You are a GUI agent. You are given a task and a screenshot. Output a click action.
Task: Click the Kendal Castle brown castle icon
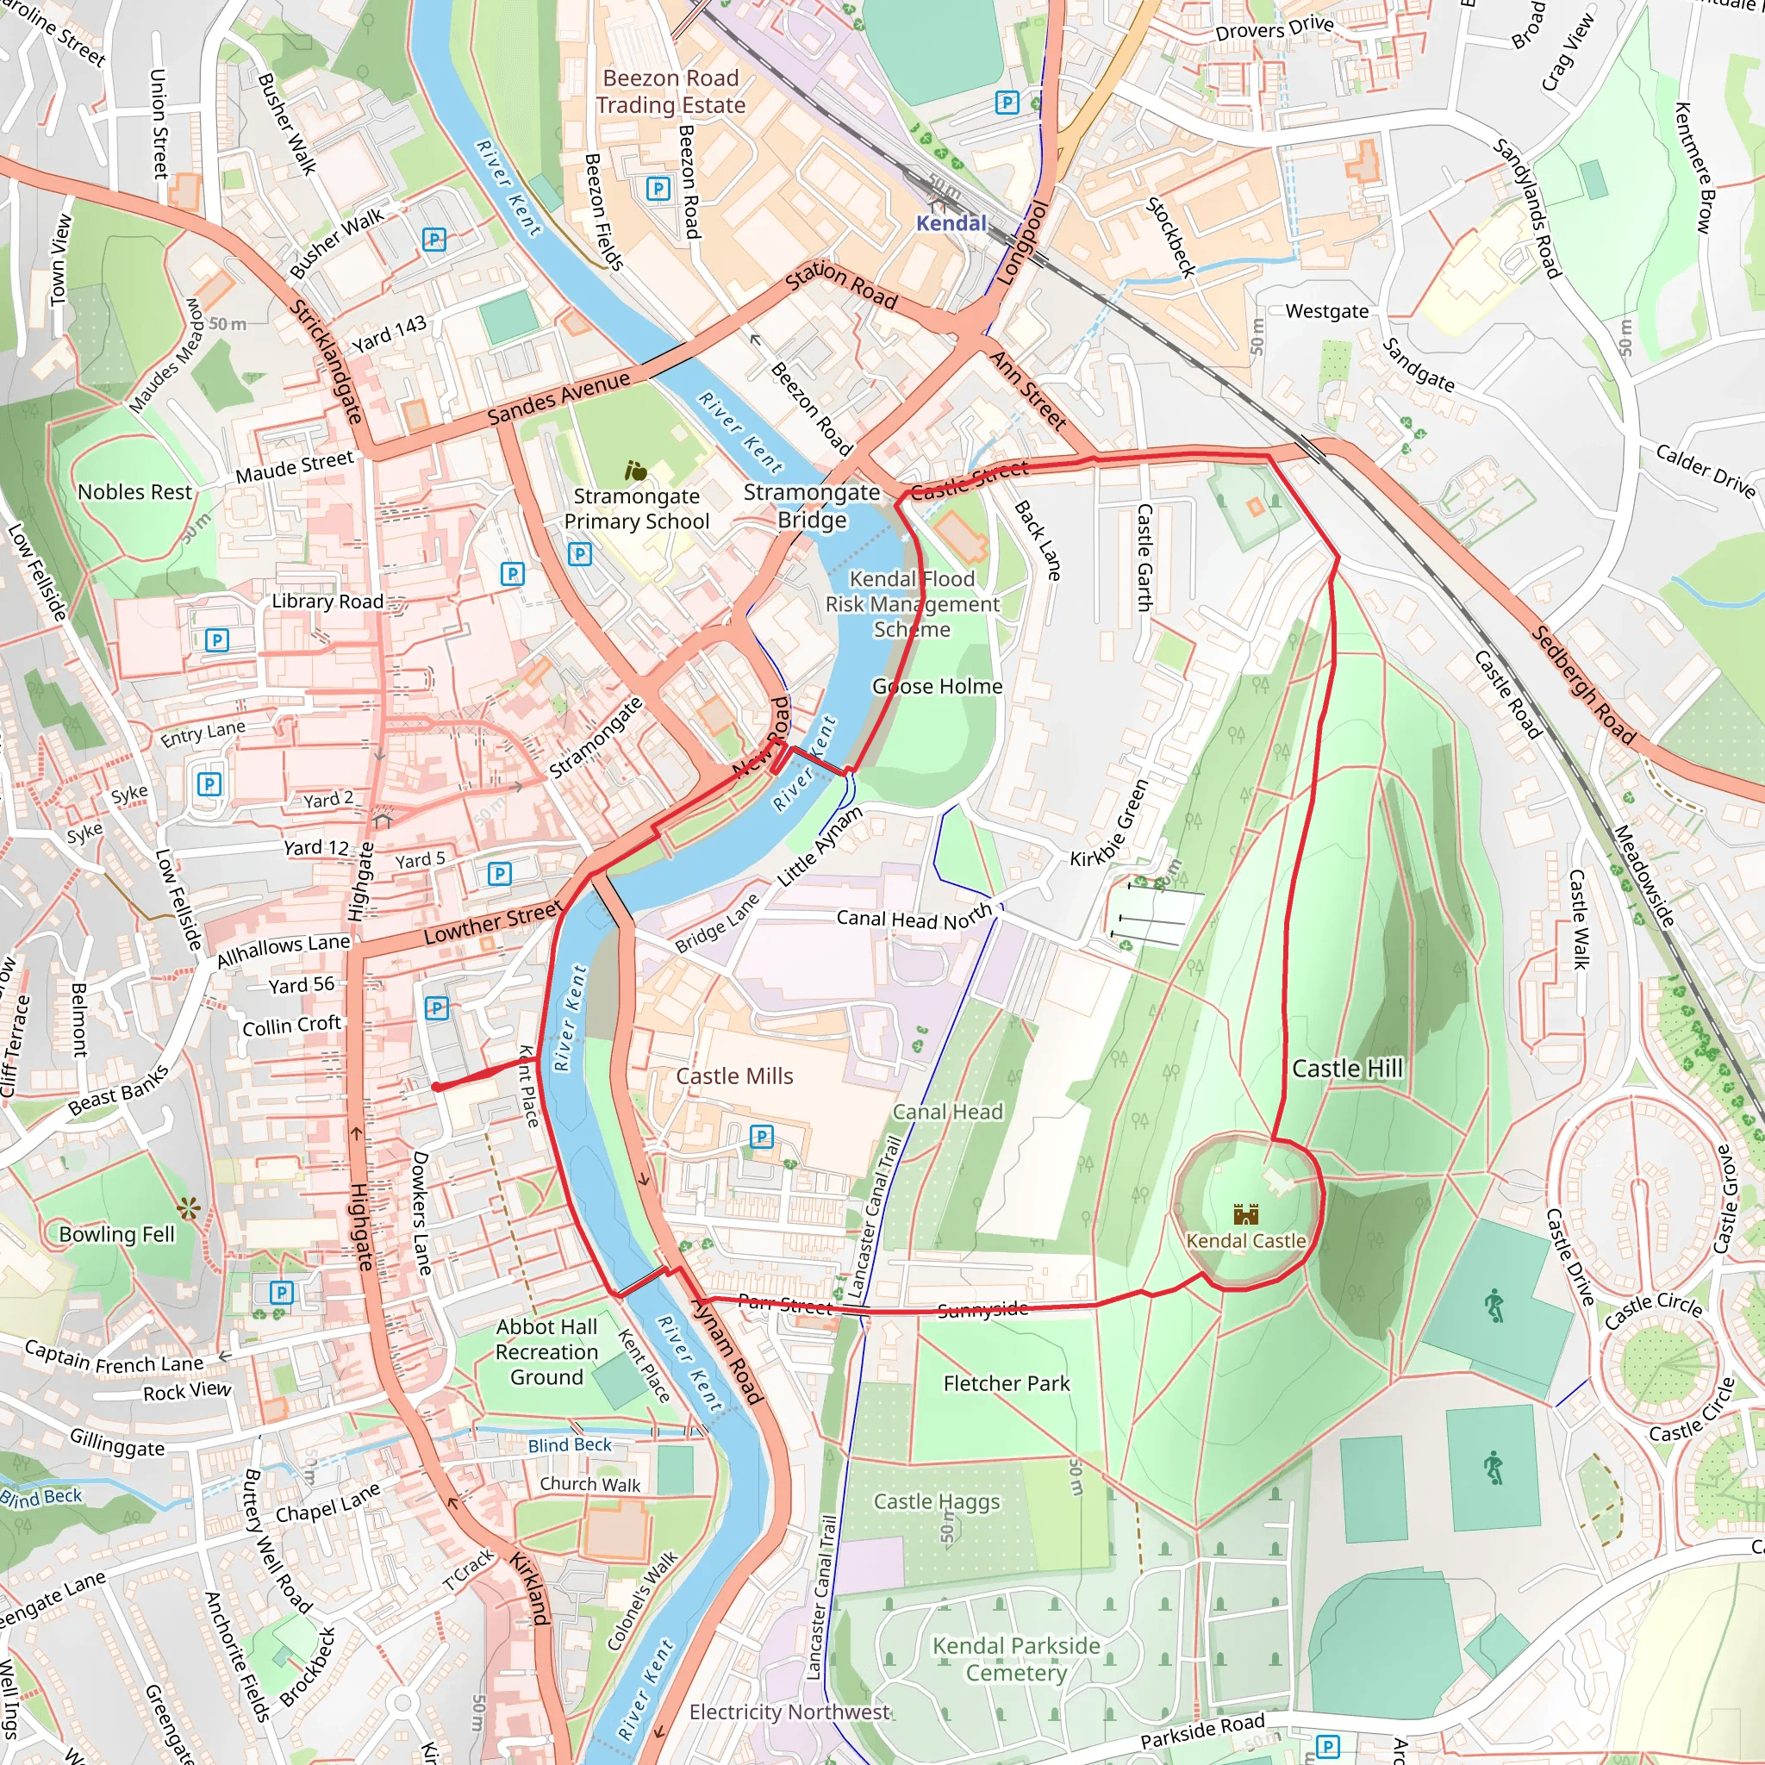click(1246, 1214)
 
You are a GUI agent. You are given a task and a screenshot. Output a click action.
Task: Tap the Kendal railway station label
click(951, 223)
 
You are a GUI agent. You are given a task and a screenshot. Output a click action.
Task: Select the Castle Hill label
click(1347, 1068)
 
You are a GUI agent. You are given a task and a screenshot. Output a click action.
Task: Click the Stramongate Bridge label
click(811, 506)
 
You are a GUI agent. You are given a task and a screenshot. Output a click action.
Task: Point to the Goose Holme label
click(938, 686)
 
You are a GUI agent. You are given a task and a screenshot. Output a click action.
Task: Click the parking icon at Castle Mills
click(761, 1137)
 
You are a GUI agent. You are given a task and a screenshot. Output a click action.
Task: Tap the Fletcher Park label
click(1006, 1383)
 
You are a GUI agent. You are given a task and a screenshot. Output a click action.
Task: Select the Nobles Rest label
click(135, 492)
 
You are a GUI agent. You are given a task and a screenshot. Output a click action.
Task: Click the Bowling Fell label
click(116, 1234)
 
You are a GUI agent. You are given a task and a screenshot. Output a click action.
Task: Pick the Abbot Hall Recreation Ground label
click(546, 1352)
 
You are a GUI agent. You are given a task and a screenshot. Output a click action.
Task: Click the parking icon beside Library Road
click(216, 639)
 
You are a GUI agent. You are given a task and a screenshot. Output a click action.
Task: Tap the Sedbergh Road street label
click(1583, 684)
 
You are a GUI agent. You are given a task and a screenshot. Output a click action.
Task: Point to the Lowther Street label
click(492, 923)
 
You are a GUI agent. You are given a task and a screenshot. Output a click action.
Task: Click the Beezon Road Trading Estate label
click(670, 91)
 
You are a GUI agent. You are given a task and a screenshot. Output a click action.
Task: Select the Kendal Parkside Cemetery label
click(1016, 1658)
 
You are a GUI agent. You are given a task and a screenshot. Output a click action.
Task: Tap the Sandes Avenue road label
click(558, 398)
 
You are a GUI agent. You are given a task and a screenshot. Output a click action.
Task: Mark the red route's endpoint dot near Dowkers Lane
click(437, 1087)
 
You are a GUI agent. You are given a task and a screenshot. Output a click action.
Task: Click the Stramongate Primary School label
click(636, 508)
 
